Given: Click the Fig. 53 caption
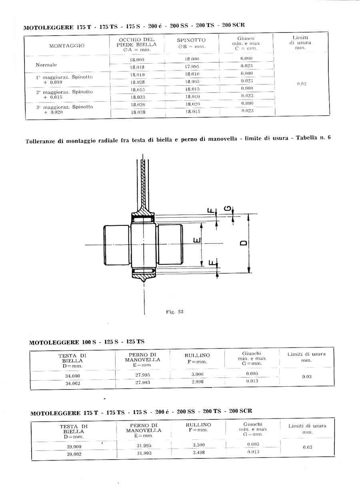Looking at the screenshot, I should [x=174, y=312].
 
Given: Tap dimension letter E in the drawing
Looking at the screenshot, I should [x=196, y=240].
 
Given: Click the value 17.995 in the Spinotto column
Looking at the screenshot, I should [x=192, y=66].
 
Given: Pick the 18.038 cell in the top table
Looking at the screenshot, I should [x=138, y=112].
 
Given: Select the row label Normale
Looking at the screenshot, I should [x=46, y=65].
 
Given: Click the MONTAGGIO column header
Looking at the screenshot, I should [x=67, y=46].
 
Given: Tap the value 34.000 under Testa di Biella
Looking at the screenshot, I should [x=72, y=376].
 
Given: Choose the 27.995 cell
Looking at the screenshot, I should [x=143, y=375].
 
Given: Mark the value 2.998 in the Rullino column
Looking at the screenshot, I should [x=197, y=382].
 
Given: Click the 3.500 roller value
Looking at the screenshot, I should [x=198, y=445].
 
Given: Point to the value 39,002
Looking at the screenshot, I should [x=74, y=454].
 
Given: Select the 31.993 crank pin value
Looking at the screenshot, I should [x=144, y=453].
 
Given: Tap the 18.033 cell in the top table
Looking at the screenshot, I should [x=138, y=97].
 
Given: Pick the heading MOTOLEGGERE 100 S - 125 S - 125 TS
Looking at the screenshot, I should [x=87, y=342].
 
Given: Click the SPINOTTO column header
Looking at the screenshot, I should [x=191, y=40].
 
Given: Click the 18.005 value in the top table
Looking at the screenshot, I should [x=192, y=82].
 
